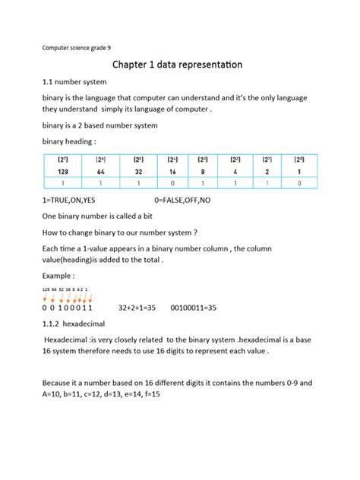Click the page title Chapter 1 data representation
(178, 65)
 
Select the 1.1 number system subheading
(74, 82)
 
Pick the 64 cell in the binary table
(100, 172)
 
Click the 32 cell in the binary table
(137, 172)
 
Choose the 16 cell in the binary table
(174, 172)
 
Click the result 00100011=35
(194, 308)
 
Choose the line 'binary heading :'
(69, 142)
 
